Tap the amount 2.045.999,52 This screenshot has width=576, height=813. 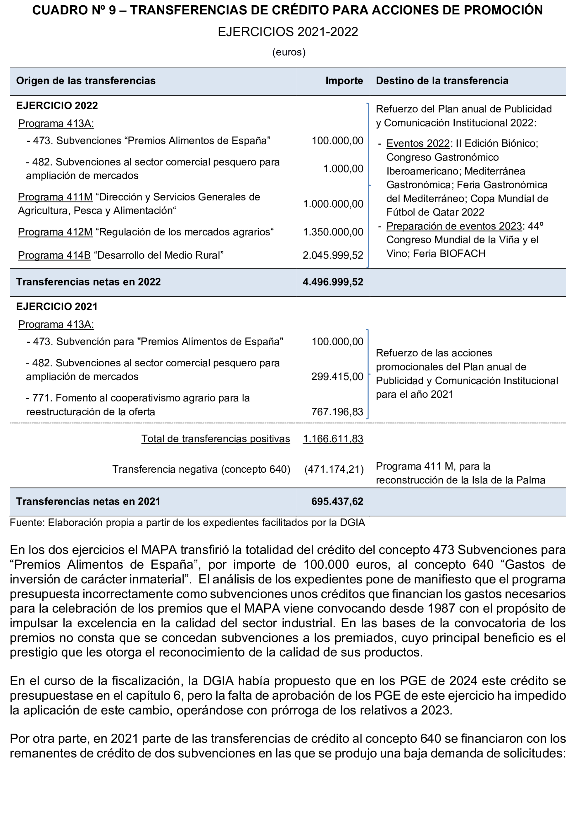[x=333, y=255]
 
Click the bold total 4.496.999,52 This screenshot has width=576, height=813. [x=333, y=282]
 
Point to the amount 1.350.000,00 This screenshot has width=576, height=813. [x=333, y=232]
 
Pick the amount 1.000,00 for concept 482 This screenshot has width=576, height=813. [x=343, y=169]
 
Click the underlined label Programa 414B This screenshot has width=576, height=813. [x=54, y=255]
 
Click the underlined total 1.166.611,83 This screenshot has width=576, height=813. [x=333, y=439]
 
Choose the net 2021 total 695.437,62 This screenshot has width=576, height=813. [x=337, y=501]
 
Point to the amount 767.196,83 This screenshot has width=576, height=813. [x=337, y=412]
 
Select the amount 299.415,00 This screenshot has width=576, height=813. [x=337, y=377]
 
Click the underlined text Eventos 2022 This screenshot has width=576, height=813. [x=418, y=143]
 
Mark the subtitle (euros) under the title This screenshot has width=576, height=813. [x=289, y=52]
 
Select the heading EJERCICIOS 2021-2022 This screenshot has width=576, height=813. [x=288, y=32]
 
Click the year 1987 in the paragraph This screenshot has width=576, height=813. [x=441, y=608]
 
